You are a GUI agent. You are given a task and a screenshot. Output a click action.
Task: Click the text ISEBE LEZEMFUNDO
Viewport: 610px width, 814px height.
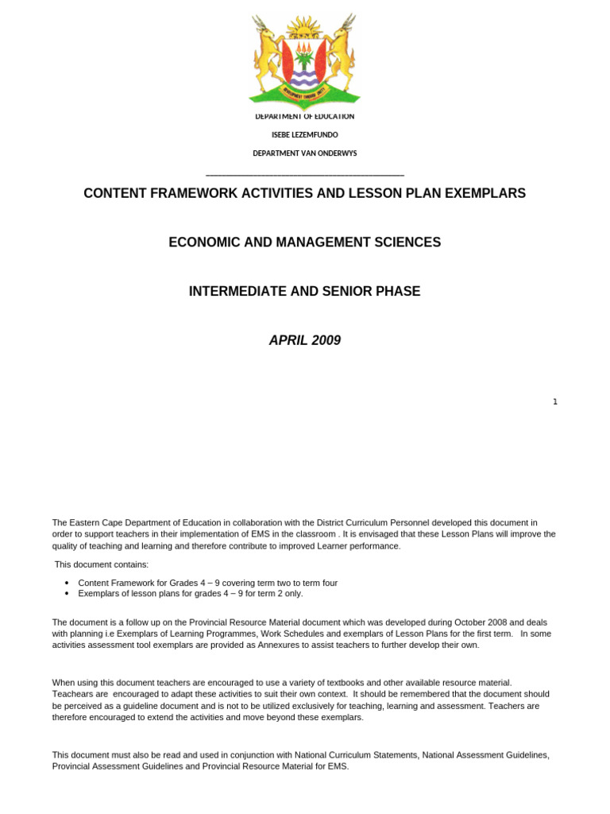(x=304, y=135)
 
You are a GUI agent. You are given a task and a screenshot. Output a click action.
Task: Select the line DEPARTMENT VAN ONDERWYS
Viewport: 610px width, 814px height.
(x=304, y=153)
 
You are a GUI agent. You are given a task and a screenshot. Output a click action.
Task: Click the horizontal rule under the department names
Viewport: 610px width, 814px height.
(x=304, y=175)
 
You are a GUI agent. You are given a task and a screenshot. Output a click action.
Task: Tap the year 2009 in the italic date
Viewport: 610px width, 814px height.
(x=326, y=340)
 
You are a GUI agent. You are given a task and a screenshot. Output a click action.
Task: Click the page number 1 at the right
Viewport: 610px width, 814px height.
(x=555, y=402)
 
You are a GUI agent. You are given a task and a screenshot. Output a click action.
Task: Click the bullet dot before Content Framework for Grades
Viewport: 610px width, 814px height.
(x=67, y=583)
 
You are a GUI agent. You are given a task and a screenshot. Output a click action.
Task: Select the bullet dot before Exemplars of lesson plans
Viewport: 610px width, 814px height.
(x=67, y=594)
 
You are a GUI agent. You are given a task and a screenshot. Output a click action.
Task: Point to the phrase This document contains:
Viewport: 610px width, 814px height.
(x=101, y=564)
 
